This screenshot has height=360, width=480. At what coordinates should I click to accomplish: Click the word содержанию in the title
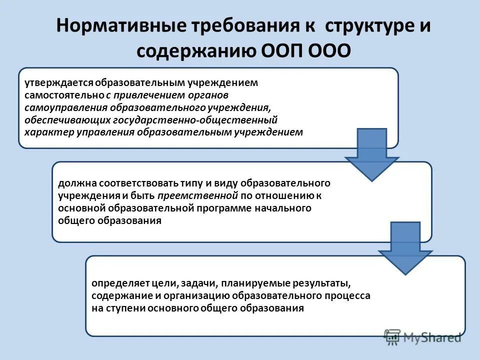pyautogui.click(x=197, y=52)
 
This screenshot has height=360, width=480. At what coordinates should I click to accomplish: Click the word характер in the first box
pyautogui.click(x=45, y=132)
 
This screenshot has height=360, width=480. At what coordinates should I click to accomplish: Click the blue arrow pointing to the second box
pyautogui.click(x=371, y=156)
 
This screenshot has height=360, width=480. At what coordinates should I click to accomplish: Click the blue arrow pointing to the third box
pyautogui.click(x=405, y=250)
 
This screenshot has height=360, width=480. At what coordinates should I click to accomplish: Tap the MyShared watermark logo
pyautogui.click(x=422, y=337)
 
